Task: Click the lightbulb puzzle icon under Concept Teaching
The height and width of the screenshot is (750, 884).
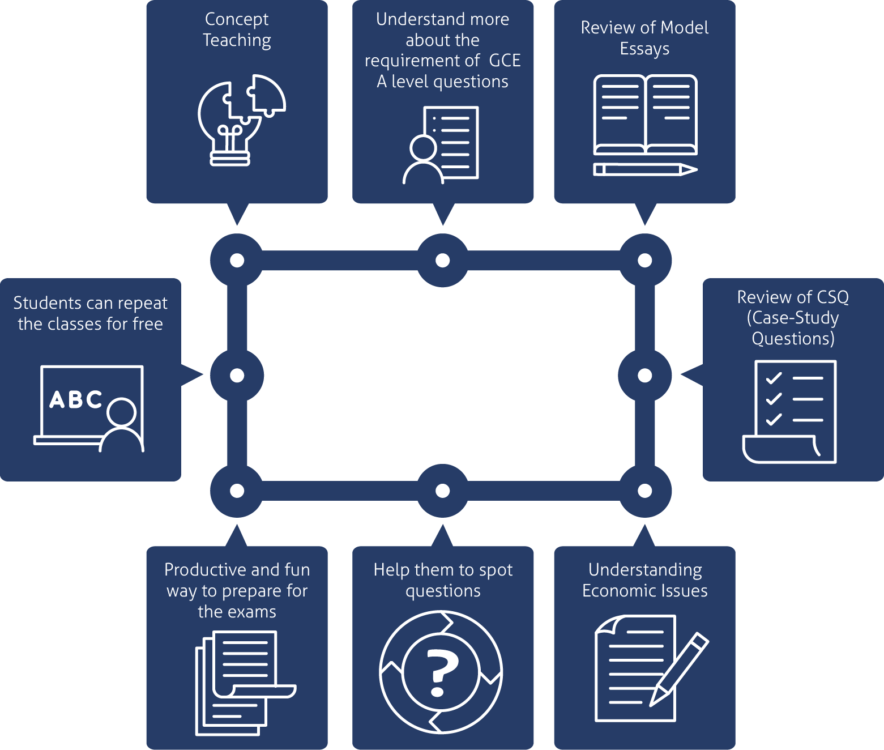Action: [241, 120]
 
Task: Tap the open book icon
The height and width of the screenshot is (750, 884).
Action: [645, 114]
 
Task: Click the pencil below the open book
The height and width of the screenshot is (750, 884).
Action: [645, 169]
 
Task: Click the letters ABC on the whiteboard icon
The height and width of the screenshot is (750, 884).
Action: [76, 399]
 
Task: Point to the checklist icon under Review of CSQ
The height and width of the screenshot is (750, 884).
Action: [789, 412]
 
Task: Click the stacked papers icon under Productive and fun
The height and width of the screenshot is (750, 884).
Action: [245, 683]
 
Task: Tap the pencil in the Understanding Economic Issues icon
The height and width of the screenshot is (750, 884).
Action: [679, 669]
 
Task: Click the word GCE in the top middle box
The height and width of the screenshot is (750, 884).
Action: [505, 61]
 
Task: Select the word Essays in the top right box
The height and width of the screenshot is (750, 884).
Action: [644, 49]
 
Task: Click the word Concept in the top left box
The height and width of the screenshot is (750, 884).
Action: [237, 19]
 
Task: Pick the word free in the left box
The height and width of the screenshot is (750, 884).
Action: [148, 324]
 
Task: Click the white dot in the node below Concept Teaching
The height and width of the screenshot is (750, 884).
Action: [237, 260]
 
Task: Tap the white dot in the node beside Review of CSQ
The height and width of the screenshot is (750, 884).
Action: [645, 376]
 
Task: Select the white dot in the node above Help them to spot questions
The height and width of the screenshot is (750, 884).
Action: [443, 491]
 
